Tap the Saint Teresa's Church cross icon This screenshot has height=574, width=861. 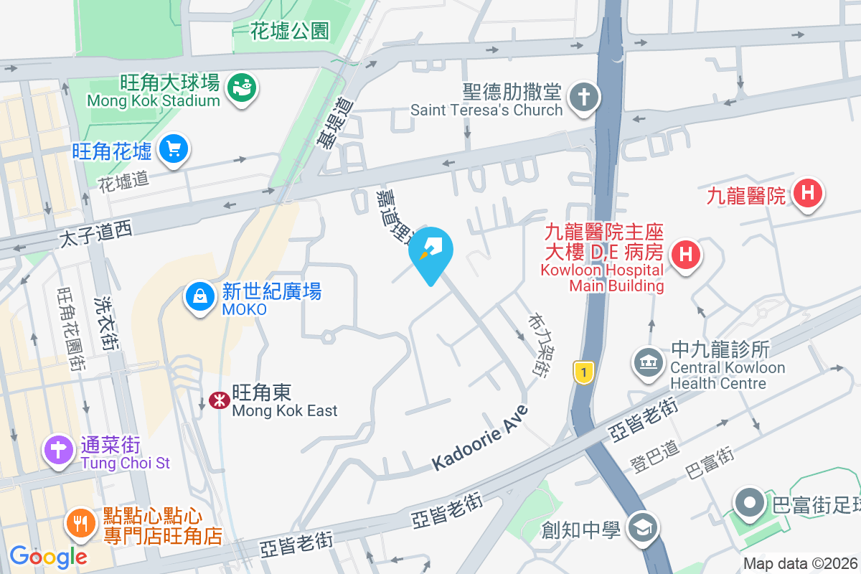tap(583, 98)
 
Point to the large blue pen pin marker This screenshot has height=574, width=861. tap(431, 251)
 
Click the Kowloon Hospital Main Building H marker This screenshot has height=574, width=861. tap(685, 254)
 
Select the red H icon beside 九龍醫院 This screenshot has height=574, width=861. tap(808, 193)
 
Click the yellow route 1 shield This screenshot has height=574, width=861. tap(584, 372)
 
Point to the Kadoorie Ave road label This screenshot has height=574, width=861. tap(480, 438)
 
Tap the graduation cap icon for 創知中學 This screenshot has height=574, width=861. tap(641, 529)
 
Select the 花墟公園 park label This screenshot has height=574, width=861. tap(290, 31)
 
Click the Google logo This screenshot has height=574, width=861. tap(48, 556)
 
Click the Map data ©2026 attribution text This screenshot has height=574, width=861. tap(800, 564)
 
